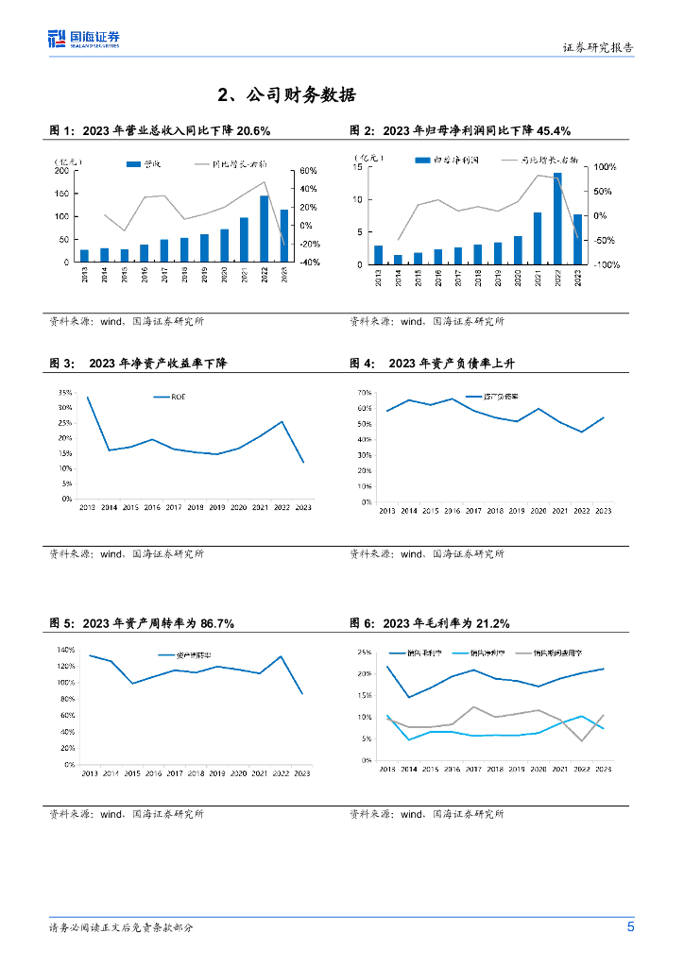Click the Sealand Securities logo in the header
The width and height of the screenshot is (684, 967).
tap(84, 39)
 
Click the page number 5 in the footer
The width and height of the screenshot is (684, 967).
tap(630, 926)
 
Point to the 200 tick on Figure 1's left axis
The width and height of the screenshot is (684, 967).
tap(61, 171)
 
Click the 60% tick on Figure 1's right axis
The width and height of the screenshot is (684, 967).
tap(307, 171)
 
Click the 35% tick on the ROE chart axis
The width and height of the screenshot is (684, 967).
tap(65, 393)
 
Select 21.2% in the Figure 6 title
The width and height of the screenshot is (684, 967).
tap(489, 623)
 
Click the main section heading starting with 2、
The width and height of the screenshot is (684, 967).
tap(286, 95)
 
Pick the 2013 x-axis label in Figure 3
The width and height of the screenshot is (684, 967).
tap(87, 508)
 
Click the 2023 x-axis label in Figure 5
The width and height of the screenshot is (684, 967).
tap(302, 773)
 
